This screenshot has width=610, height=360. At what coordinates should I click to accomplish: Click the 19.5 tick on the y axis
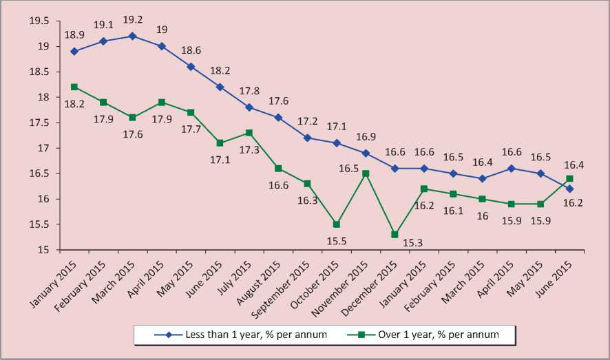tap(39, 21)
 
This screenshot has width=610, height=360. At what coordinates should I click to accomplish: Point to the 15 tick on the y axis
tap(43, 251)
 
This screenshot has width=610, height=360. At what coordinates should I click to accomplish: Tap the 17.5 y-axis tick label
tap(39, 123)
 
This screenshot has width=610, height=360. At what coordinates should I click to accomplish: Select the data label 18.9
tap(74, 34)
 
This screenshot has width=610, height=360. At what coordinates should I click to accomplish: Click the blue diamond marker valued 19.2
tap(132, 36)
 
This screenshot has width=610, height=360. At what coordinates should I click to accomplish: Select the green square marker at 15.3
tap(395, 235)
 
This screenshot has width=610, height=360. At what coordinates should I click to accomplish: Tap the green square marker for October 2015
tap(336, 224)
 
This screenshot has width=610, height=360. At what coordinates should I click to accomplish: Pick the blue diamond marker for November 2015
tap(366, 153)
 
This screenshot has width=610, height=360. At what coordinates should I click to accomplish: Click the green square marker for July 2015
tap(249, 133)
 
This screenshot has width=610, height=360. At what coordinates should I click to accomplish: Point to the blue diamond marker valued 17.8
tap(249, 107)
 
